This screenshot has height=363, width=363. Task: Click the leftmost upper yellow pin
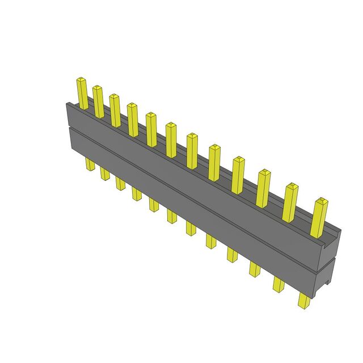83,94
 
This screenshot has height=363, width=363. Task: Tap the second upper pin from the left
99,102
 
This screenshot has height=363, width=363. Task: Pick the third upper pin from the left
115,110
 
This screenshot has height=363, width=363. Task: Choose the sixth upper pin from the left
171,140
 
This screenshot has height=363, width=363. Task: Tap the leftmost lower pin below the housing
90,164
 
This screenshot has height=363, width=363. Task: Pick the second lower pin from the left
105,173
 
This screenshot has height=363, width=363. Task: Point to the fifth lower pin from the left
154,204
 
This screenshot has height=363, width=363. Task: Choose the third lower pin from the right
254,269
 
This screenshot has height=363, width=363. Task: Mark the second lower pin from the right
278,283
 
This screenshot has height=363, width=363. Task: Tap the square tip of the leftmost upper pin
81,80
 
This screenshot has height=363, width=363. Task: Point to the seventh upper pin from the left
192,150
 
